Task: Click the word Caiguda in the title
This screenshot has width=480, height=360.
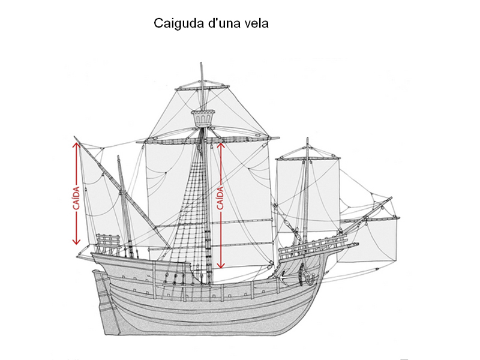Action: coord(179,23)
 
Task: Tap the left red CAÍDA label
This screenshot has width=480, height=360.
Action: coord(76,198)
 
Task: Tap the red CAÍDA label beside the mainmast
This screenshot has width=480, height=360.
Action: coord(220,198)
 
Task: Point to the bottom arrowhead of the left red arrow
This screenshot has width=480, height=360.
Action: coord(76,242)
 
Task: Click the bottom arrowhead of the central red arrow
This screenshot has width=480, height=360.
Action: coord(221,265)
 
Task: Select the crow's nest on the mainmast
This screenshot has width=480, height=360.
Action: coord(203,118)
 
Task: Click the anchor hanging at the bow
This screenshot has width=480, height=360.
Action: coord(308,275)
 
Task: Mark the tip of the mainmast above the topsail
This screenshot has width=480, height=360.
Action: coord(201,63)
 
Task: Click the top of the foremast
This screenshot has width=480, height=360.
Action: coord(307,139)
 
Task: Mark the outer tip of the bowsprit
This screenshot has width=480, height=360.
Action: coord(391,198)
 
